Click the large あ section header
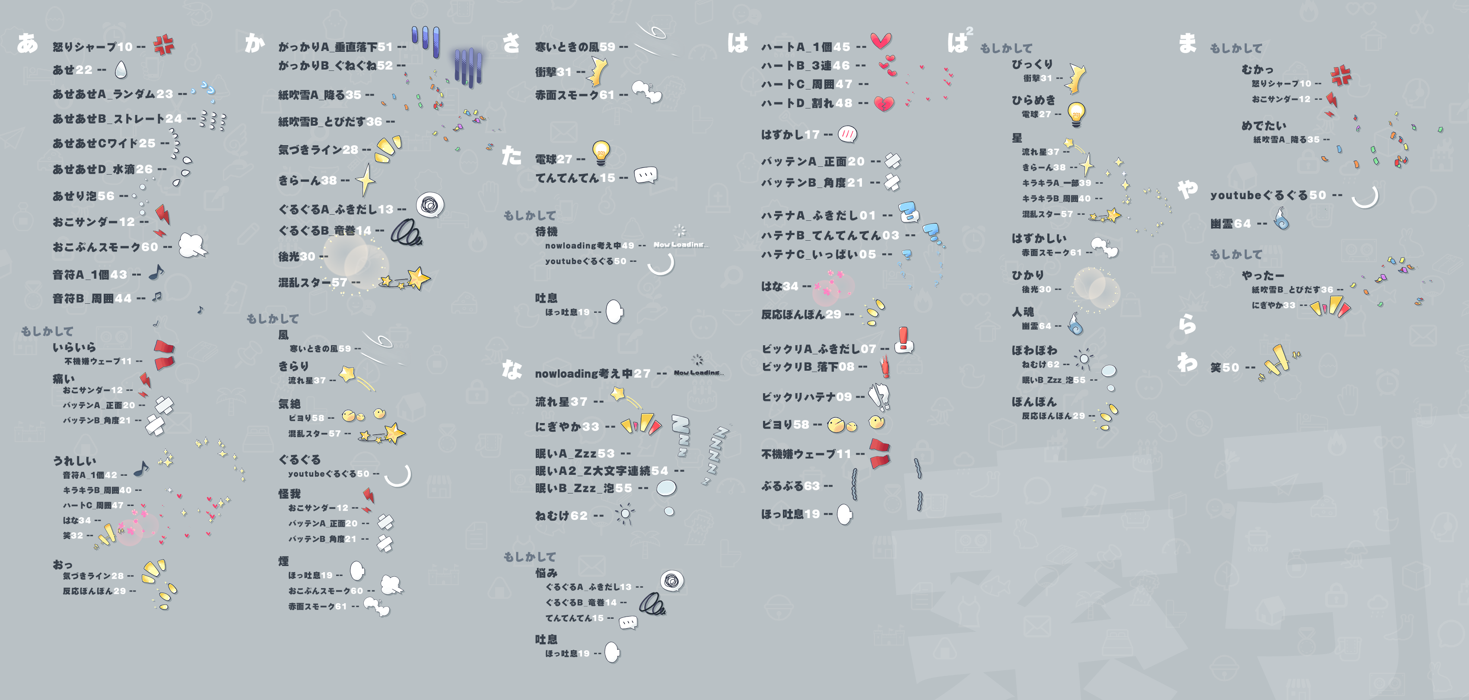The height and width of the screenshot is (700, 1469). point(27,43)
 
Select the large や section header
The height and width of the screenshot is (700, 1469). point(1188,189)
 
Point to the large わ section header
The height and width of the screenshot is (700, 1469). point(1187,361)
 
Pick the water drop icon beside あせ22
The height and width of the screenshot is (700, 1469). point(120,70)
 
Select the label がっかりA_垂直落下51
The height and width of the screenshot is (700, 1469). point(335,47)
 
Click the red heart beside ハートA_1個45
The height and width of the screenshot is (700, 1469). point(881,41)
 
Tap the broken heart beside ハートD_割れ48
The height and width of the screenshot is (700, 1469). point(884,104)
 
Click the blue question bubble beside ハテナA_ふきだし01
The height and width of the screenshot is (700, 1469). point(909,212)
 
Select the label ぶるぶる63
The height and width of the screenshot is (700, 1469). point(790,486)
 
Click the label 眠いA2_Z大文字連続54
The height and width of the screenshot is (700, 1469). point(601,471)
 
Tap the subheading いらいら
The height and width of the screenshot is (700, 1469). point(74,347)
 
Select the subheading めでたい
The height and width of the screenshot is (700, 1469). point(1264,125)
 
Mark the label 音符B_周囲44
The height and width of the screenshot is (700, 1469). point(92,299)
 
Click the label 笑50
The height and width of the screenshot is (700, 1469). point(1224,367)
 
